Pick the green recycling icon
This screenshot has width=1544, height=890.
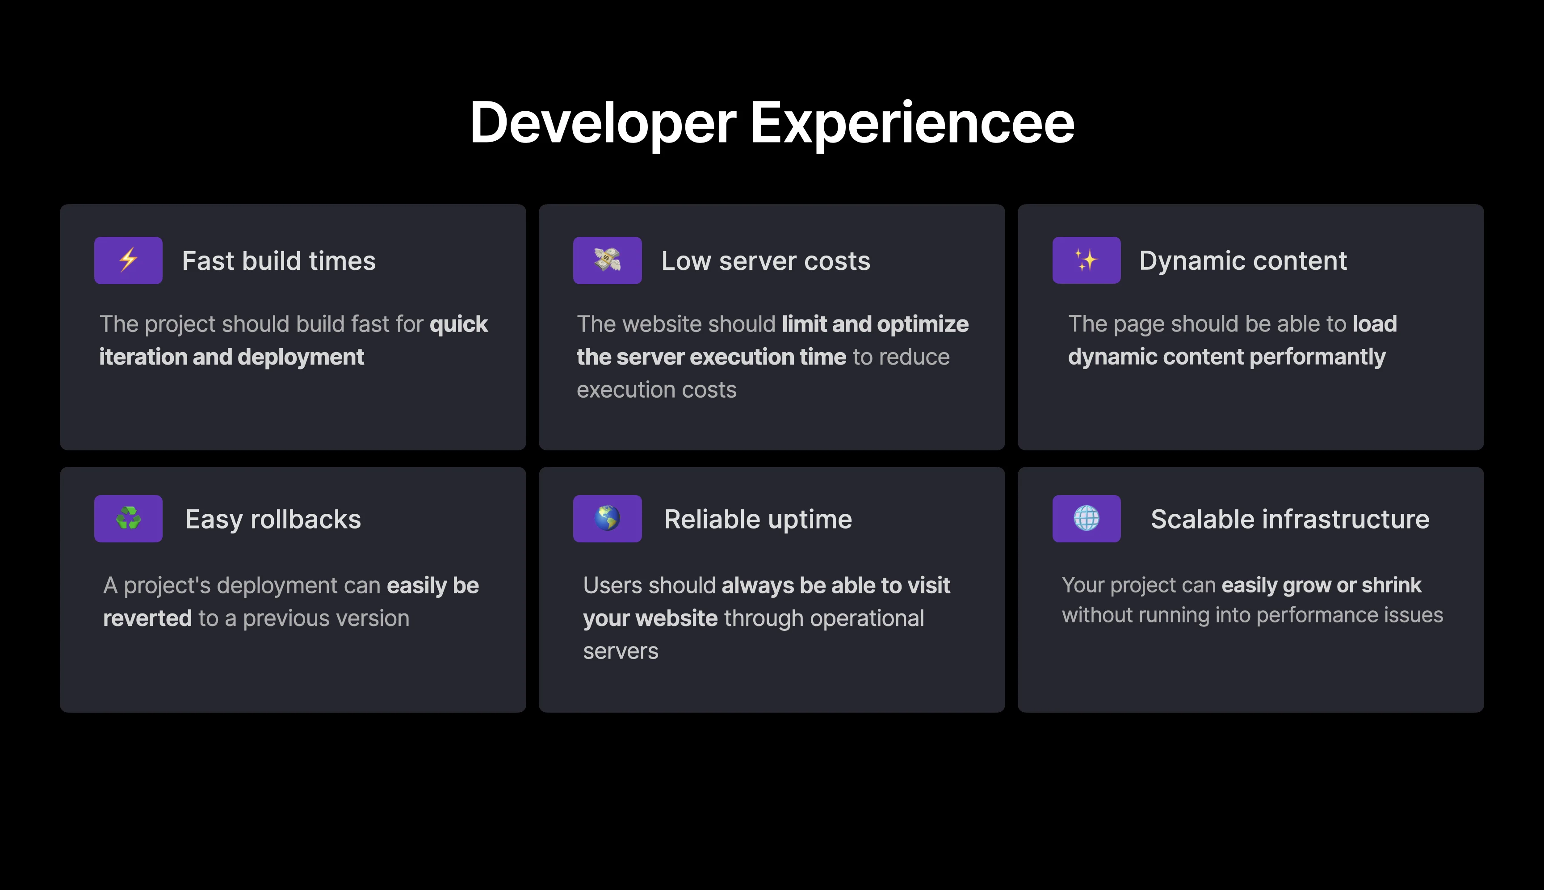click(128, 518)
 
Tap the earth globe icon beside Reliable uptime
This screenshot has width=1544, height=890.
click(608, 518)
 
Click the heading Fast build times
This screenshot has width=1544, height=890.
click(279, 261)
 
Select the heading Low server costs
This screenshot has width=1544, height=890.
click(766, 261)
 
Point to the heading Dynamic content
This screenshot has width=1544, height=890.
click(1243, 261)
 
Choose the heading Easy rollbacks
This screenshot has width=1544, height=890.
click(273, 520)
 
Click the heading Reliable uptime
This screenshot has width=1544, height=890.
click(758, 520)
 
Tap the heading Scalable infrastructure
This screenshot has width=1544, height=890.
click(1290, 519)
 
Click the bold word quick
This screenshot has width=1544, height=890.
click(458, 324)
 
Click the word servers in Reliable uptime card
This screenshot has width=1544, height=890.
click(621, 651)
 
